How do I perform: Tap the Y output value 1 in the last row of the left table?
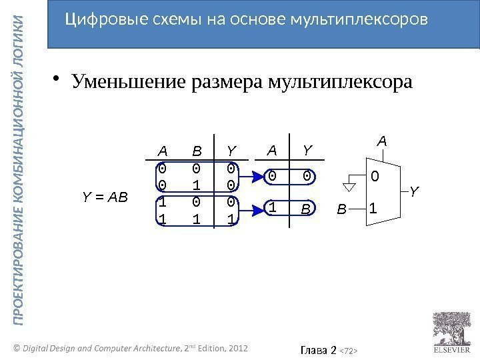231,219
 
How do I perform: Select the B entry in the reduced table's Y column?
306,209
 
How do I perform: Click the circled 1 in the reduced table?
273,209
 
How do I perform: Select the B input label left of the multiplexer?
341,210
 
